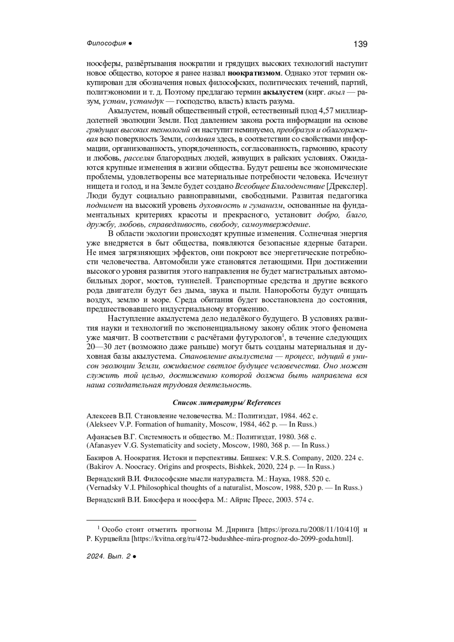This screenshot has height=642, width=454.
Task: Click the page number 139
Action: [360, 44]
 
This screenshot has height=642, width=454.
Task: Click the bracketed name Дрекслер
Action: [347, 187]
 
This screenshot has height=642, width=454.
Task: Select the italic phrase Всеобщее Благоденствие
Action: [280, 187]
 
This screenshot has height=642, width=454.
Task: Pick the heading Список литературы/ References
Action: [227, 402]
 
